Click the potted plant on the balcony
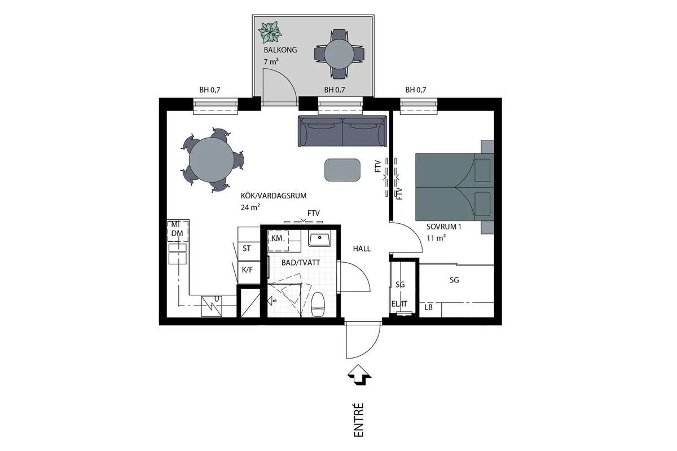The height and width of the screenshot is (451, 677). click(270, 32)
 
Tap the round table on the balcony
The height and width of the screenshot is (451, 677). click(339, 55)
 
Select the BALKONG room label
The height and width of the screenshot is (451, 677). click(280, 50)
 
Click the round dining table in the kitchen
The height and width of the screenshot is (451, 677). click(212, 160)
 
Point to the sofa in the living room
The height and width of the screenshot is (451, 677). click(343, 131)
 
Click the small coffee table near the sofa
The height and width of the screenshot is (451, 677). click(342, 170)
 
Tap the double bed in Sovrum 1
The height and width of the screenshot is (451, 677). click(455, 187)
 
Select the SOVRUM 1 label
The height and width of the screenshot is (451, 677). click(443, 227)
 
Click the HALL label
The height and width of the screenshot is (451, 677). click(362, 249)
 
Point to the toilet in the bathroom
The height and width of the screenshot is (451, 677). click(318, 304)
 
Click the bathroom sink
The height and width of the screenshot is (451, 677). click(319, 238)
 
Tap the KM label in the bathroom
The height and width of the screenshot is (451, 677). click(276, 238)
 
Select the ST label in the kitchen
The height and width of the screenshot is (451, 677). click(247, 248)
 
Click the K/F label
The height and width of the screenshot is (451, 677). click(247, 269)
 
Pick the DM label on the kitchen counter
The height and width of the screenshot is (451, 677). click(177, 233)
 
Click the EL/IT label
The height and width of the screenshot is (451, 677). click(399, 304)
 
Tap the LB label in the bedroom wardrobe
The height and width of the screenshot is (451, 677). click(429, 307)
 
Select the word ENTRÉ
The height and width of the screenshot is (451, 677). click(358, 419)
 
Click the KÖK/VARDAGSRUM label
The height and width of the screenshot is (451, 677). click(274, 196)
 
